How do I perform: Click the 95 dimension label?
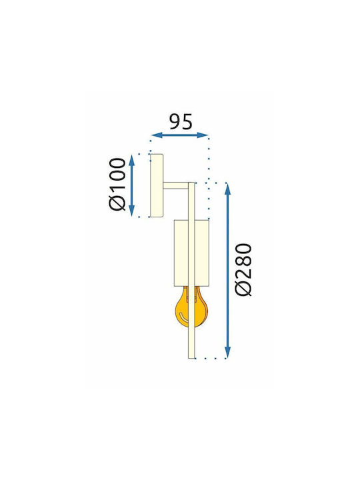tap(181, 122)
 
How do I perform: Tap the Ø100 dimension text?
tap(117, 184)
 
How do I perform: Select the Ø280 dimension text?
tap(243, 270)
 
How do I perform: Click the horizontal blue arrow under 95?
tap(180, 135)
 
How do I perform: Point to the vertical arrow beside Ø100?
tap(131, 185)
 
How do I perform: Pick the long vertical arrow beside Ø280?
tap(227, 271)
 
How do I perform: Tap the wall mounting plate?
tap(157, 185)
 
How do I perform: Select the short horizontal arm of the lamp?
tap(175, 185)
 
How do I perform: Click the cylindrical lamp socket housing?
tap(191, 253)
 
